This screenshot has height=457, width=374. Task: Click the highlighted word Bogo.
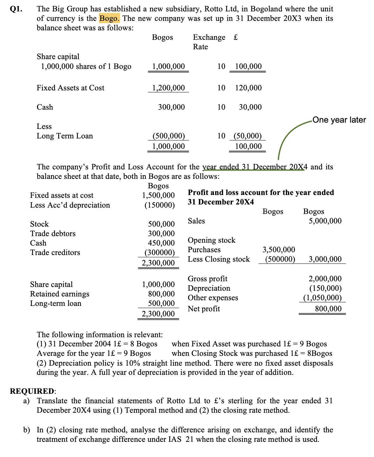pos(109,18)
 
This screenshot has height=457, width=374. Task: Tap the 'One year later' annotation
pos(339,120)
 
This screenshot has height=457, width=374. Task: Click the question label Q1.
pos(16,9)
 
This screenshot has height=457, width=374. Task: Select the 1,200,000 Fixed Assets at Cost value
pos(168,88)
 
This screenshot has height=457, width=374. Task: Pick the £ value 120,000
pos(248,88)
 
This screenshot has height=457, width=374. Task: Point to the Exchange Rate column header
pos(209,42)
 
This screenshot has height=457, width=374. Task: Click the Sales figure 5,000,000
pos(325,221)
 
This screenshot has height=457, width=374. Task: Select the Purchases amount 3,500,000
pos(279,250)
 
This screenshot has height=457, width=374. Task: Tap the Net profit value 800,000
pos(328,309)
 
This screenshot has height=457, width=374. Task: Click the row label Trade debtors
pos(53,234)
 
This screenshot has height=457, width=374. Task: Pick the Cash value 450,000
pos(161,243)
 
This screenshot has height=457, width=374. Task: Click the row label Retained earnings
pos(59,294)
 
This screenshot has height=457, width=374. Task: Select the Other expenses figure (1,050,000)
pos(322,298)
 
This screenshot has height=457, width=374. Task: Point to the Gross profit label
pos(208,279)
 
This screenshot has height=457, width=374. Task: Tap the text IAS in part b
pos(175,439)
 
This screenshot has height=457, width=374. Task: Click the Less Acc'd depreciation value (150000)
pos(159,205)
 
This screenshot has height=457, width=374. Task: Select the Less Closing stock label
pos(219,259)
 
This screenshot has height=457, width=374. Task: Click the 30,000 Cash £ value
pos(250,107)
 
